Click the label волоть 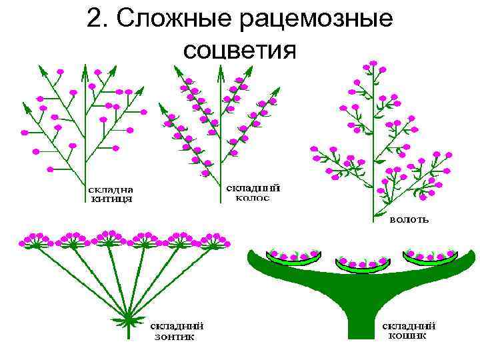(409, 219)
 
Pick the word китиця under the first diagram (111, 198)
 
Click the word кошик (408, 336)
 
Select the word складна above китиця (111, 189)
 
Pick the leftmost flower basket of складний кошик (292, 256)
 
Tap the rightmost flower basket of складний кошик (430, 256)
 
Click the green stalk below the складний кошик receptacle (360, 323)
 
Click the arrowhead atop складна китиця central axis (85, 67)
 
